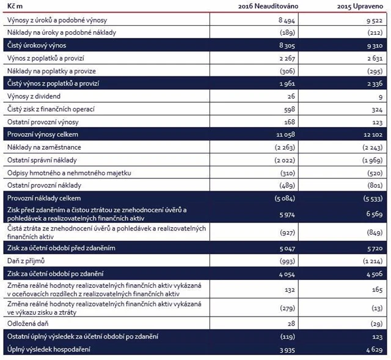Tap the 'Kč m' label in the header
click(15, 6)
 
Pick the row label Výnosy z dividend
click(34, 96)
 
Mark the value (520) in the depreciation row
click(374, 172)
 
